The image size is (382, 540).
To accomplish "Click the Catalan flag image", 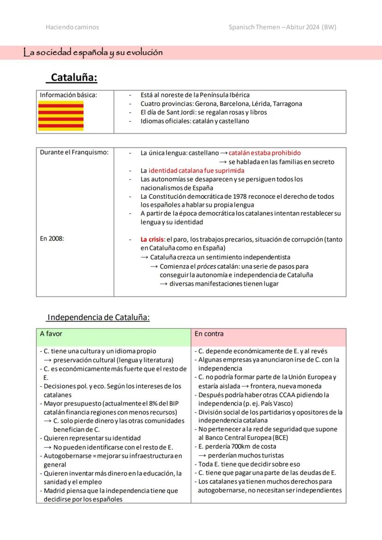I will (60, 116).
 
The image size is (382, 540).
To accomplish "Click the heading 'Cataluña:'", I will (74, 77).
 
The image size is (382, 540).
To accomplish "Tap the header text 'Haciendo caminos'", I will (72, 27).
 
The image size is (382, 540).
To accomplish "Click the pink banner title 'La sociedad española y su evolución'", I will (93, 53).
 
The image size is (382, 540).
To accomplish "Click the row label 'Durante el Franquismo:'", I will (74, 153).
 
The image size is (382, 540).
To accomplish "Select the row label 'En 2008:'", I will (52, 238).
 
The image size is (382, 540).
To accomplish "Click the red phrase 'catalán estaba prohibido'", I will (264, 153).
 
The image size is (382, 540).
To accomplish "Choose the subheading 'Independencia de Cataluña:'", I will (99, 317).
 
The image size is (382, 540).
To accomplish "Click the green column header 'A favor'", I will (51, 333).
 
